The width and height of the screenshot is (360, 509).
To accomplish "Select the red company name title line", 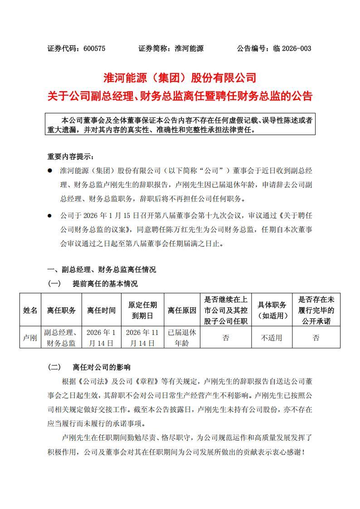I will pyautogui.click(x=180, y=78).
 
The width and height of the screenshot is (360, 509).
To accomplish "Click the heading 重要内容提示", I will pyautogui.click(x=71, y=156).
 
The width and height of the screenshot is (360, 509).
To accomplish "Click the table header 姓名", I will pyautogui.click(x=30, y=310).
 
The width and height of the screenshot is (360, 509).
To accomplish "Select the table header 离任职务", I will pyautogui.click(x=61, y=310).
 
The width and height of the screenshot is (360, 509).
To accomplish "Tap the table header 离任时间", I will pyautogui.click(x=101, y=310).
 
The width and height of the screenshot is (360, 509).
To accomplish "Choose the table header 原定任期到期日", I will pyautogui.click(x=142, y=310).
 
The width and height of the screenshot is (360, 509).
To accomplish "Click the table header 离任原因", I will pyautogui.click(x=182, y=310).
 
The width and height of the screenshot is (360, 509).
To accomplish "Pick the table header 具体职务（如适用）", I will pyautogui.click(x=272, y=310).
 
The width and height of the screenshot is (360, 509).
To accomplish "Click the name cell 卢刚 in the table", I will pyautogui.click(x=30, y=338).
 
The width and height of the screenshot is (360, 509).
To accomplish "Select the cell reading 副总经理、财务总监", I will pyautogui.click(x=61, y=338).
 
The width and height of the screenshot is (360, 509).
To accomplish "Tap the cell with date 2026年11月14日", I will pyautogui.click(x=142, y=338).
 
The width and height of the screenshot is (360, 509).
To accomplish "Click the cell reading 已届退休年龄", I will pyautogui.click(x=182, y=338).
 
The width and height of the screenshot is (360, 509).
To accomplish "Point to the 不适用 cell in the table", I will pyautogui.click(x=272, y=338).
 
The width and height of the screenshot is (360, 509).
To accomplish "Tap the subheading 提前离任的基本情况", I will pyautogui.click(x=105, y=284).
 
